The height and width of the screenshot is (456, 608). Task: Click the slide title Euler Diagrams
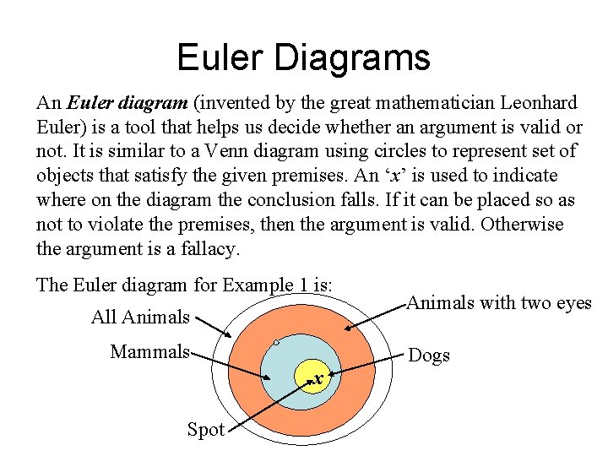303,57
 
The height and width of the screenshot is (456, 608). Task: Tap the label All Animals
140,318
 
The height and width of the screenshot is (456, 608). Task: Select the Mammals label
149,351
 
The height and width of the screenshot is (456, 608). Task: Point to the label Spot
205,429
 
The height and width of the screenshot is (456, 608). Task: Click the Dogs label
429,356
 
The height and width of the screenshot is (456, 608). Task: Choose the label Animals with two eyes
499,303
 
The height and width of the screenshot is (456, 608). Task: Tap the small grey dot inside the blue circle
275,343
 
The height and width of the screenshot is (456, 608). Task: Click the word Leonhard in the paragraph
537,103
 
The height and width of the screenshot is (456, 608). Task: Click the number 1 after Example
302,285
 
